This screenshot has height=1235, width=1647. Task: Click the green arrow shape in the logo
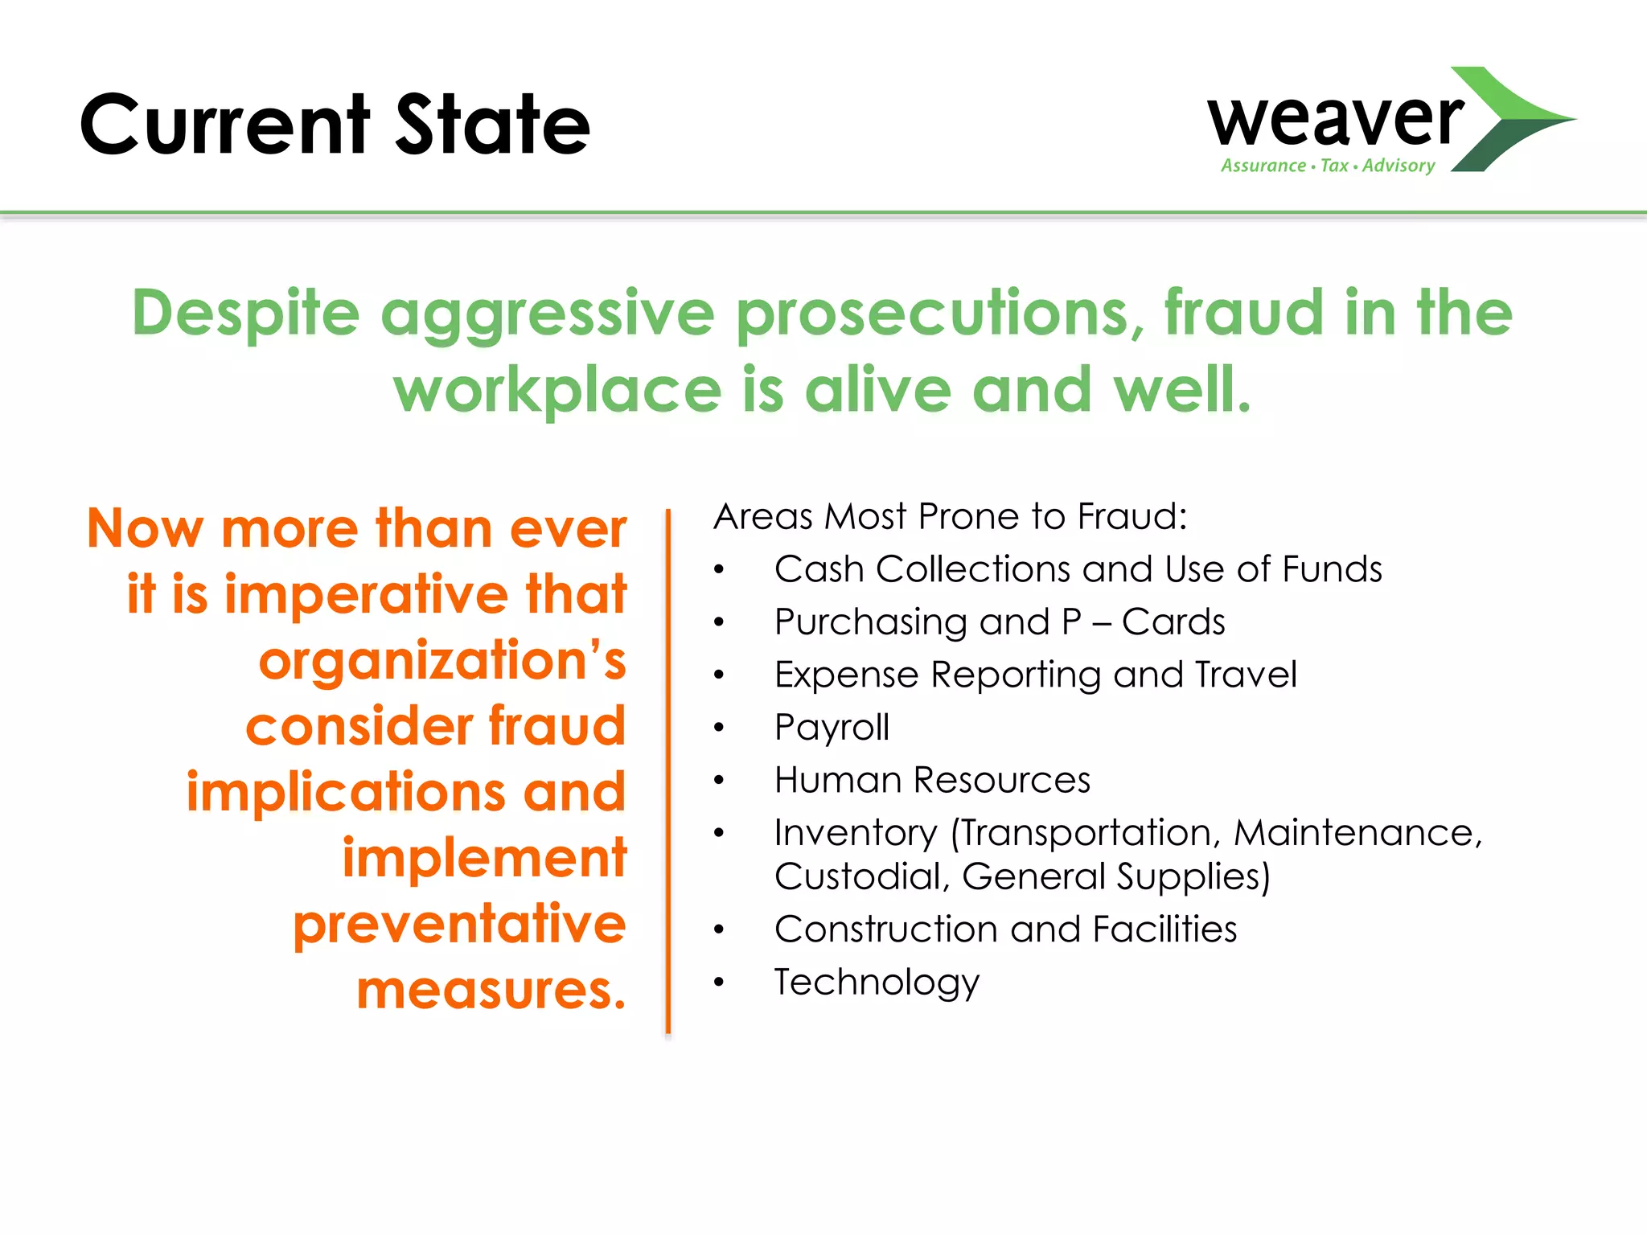[1512, 121]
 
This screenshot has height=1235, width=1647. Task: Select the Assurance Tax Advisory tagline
[1327, 166]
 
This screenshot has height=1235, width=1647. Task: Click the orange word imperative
[366, 595]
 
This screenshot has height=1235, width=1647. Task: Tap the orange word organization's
[442, 661]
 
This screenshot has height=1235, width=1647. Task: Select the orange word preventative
[459, 924]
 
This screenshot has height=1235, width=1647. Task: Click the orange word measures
[491, 990]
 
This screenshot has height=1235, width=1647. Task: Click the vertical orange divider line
[667, 772]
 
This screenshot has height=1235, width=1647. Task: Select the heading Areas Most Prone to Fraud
[950, 516]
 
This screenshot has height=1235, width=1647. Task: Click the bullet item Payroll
[832, 728]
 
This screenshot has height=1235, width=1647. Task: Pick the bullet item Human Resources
[932, 780]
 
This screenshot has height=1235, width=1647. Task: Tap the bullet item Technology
[877, 982]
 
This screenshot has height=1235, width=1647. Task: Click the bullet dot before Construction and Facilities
[719, 930]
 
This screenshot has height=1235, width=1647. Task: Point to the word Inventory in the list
[856, 833]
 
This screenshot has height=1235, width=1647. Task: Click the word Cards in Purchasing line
[1173, 622]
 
